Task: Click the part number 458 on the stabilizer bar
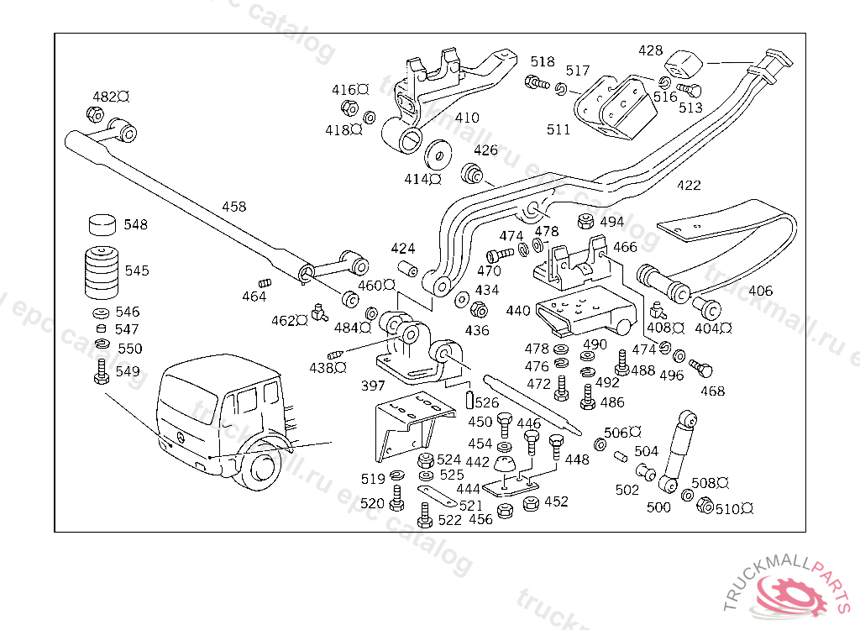[x=234, y=207]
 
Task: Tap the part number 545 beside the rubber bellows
[x=137, y=270]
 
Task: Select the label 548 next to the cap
[x=135, y=224]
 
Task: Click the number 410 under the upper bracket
[x=467, y=118]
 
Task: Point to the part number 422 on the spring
[x=689, y=186]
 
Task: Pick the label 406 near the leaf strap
[x=760, y=291]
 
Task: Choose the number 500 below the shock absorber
[x=658, y=507]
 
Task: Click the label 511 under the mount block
[x=558, y=129]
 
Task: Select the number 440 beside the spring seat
[x=518, y=311]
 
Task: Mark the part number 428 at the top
[x=650, y=51]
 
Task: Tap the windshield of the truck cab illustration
[x=188, y=395]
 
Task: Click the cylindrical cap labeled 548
[x=102, y=225]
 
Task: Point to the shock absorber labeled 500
[x=679, y=449]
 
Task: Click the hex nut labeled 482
[x=95, y=113]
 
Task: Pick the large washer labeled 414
[x=437, y=155]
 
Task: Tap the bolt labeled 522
[x=425, y=514]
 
